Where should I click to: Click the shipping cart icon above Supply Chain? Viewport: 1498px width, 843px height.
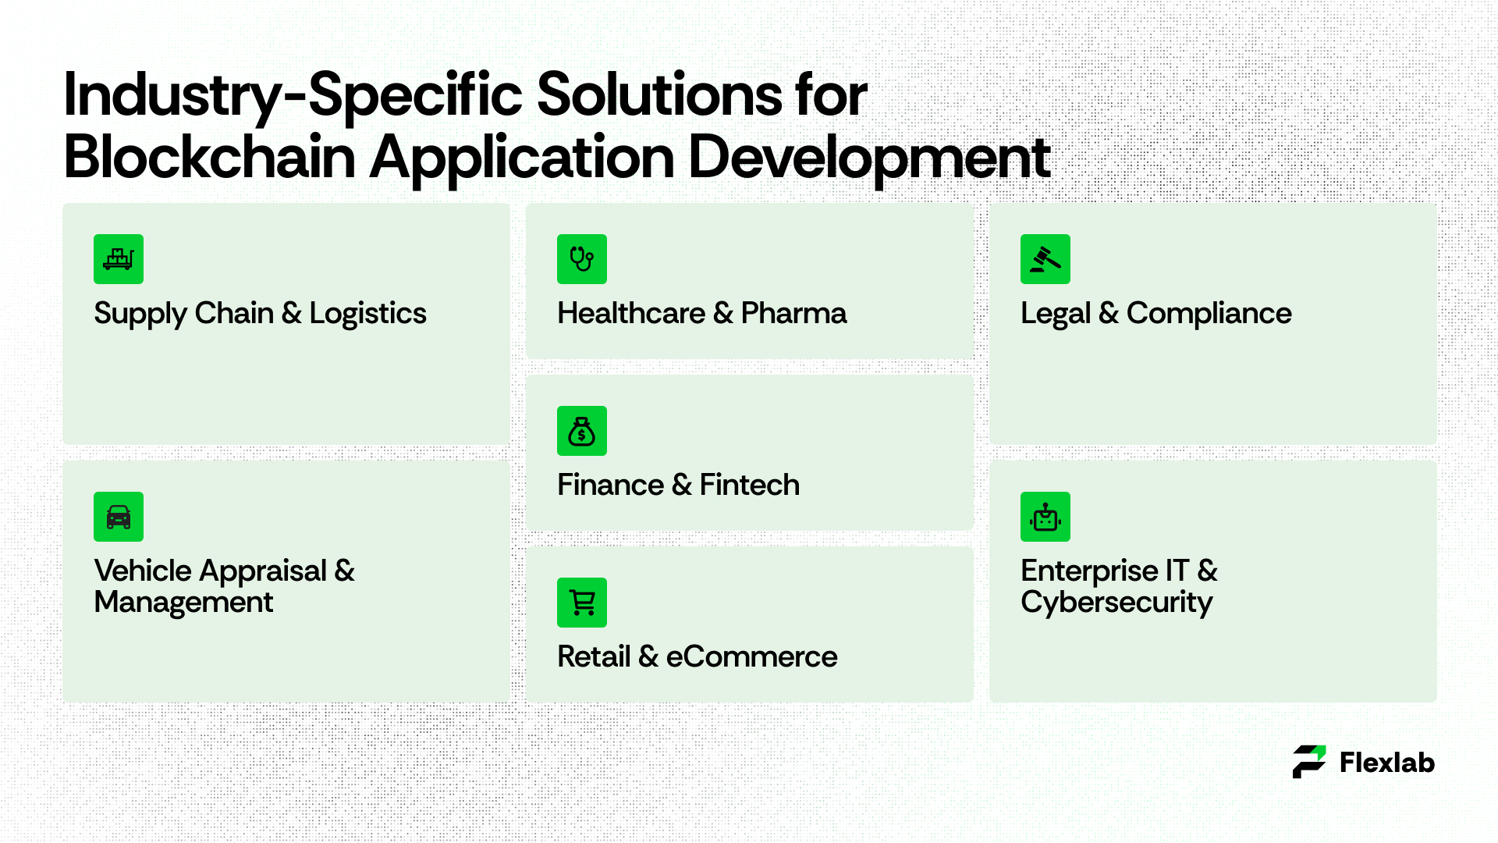119,259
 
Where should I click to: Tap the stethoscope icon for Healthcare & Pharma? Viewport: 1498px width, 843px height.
582,259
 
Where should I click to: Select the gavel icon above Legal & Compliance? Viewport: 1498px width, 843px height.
1045,259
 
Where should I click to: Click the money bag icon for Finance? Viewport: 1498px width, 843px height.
582,431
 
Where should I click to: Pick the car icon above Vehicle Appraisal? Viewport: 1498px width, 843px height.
119,517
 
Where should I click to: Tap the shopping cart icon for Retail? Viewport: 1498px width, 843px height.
582,603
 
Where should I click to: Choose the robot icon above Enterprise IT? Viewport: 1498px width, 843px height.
1045,517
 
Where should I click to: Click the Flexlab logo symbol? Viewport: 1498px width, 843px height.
1308,762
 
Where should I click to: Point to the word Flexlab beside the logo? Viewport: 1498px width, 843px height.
1387,763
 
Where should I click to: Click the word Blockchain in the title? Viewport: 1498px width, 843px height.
210,157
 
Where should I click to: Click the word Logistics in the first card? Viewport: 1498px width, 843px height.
367,315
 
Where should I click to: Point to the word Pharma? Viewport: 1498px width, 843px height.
793,313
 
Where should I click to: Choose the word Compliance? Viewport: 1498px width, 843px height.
1209,315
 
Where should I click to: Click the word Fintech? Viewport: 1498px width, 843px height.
749,485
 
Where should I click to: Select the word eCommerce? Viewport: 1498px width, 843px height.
751,656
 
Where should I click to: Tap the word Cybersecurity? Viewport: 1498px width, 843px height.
1116,603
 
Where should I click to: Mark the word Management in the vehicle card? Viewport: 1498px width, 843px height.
183,603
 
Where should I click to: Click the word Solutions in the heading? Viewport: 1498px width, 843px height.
659,95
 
